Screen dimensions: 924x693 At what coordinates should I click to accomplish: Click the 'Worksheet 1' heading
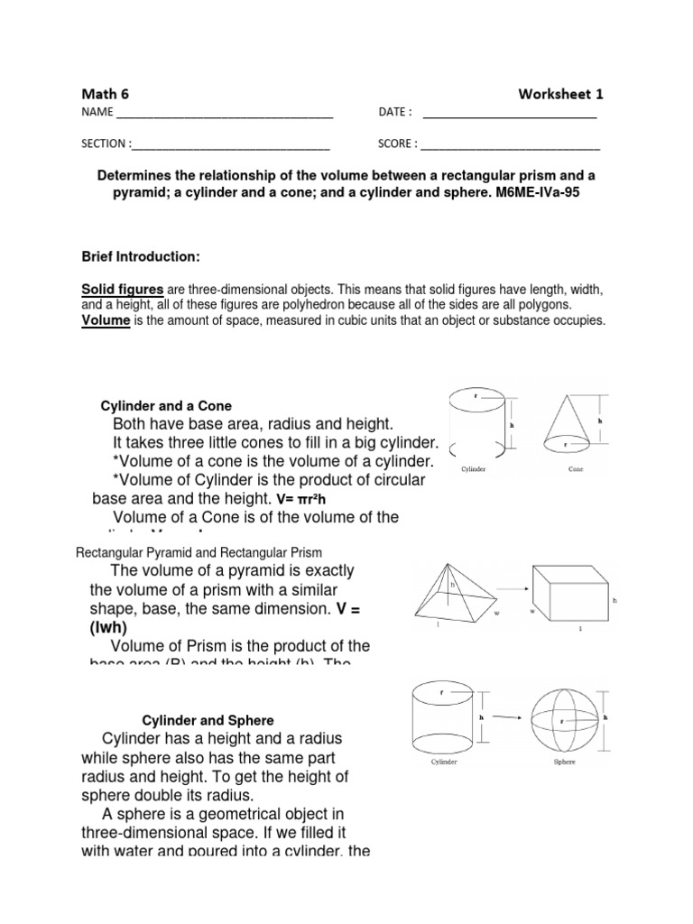click(560, 93)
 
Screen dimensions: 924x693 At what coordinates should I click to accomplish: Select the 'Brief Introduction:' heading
click(140, 257)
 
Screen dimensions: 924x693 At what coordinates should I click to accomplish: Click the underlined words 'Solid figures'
click(122, 289)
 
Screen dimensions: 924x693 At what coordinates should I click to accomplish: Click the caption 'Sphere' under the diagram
click(565, 762)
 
